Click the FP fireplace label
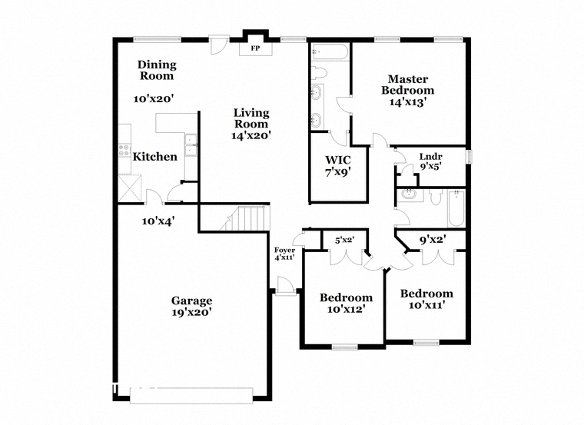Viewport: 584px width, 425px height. coord(255,48)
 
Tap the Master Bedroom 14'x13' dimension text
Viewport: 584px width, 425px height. coord(407,102)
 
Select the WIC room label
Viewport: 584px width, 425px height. coord(338,160)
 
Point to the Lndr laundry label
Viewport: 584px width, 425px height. coord(430,157)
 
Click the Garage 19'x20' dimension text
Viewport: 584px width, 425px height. coord(192,312)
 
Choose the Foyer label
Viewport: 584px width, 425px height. coord(284,251)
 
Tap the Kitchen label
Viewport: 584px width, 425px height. coord(155,157)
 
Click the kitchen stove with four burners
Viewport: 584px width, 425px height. coord(124,150)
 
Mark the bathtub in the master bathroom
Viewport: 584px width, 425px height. coord(330,51)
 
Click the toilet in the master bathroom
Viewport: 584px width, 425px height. coord(318,72)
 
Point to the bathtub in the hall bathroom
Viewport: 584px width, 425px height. coord(456,208)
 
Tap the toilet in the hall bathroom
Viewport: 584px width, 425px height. coord(436,196)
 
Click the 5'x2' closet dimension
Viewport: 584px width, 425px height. coord(344,241)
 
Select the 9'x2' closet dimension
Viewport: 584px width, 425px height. coord(433,240)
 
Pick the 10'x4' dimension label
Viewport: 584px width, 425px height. coord(158,221)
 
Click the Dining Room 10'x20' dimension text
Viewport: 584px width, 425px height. coord(154,99)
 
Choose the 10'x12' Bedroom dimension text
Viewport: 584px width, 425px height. coord(346,309)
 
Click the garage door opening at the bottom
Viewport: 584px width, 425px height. coord(191,396)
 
